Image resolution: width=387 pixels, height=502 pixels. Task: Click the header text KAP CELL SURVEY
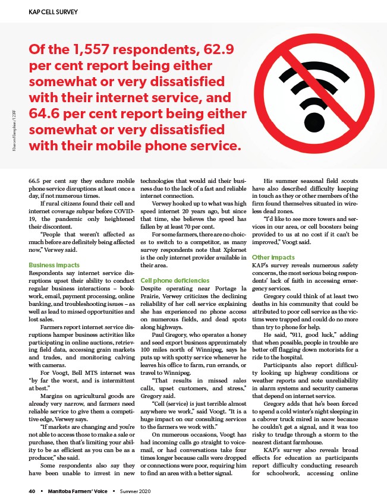(x=45, y=12)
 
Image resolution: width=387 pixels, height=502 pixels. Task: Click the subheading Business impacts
(x=55, y=264)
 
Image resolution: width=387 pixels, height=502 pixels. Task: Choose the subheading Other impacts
(x=273, y=257)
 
